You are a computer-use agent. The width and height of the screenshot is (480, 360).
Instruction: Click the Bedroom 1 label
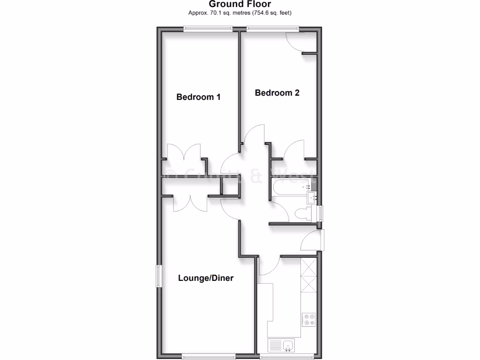[198, 97]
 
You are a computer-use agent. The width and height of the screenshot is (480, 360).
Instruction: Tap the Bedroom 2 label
[277, 93]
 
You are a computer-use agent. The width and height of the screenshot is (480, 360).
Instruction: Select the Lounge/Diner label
[206, 278]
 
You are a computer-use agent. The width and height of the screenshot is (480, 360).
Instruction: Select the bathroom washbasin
[311, 197]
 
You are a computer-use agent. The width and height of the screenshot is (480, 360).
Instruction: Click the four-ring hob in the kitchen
[308, 319]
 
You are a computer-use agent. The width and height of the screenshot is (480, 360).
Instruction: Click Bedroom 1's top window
[208, 30]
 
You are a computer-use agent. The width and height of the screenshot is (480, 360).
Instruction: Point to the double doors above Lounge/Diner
[191, 204]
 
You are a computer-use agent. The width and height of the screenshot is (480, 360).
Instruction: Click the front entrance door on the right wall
[321, 240]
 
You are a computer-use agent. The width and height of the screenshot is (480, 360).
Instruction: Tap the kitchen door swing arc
[270, 266]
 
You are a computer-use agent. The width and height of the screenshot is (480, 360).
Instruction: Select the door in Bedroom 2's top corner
[296, 41]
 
